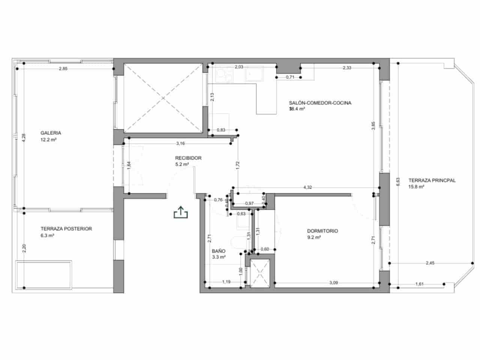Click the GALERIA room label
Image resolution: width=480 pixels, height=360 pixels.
click(x=51, y=133)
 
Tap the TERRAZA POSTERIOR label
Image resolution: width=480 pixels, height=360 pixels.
click(x=66, y=229)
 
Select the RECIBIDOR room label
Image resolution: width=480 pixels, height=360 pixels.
click(x=188, y=158)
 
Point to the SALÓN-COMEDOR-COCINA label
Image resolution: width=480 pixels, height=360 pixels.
click(x=320, y=103)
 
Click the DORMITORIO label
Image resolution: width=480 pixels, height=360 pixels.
click(x=322, y=231)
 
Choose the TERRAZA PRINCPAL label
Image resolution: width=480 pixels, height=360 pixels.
click(x=432, y=180)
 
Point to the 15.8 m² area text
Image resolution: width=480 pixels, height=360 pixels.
click(x=416, y=187)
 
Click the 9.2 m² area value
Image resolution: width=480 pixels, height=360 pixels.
click(x=314, y=238)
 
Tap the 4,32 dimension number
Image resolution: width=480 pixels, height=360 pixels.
click(x=307, y=187)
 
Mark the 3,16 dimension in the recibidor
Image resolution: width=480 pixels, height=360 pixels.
click(x=180, y=143)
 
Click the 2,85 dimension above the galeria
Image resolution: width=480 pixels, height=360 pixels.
click(x=63, y=69)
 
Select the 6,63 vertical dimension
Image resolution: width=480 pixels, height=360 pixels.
click(x=398, y=181)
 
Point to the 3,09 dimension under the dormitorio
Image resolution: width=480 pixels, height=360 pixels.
click(x=333, y=283)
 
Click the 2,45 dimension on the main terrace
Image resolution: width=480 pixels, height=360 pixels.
click(x=430, y=263)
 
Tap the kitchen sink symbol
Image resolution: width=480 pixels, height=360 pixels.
click(x=255, y=74)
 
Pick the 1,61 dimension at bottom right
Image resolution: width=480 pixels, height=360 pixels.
click(x=419, y=284)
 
